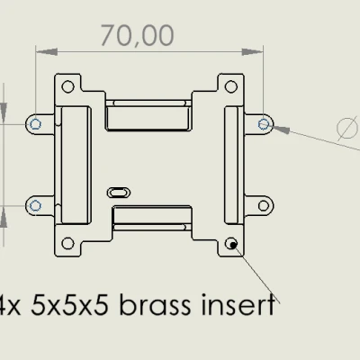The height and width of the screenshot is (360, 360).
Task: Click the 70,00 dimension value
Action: [x=137, y=35]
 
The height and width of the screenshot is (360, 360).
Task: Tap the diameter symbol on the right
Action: [x=346, y=129]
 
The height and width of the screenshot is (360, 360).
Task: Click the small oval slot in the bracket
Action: [x=119, y=191]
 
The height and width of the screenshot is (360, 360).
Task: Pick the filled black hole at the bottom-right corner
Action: [x=232, y=243]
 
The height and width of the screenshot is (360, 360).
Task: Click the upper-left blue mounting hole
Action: [x=35, y=122]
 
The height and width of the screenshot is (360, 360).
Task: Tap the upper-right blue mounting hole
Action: [x=264, y=122]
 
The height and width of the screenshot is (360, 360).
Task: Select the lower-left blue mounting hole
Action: [x=35, y=206]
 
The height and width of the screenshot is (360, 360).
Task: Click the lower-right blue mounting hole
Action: [x=264, y=206]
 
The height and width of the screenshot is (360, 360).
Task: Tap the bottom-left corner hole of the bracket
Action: [x=67, y=243]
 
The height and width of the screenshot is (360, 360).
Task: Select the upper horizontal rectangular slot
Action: [x=149, y=115]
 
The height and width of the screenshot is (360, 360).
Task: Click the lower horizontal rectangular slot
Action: [x=149, y=216]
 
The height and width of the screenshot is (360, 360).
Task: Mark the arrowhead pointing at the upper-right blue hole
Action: [x=278, y=128]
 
